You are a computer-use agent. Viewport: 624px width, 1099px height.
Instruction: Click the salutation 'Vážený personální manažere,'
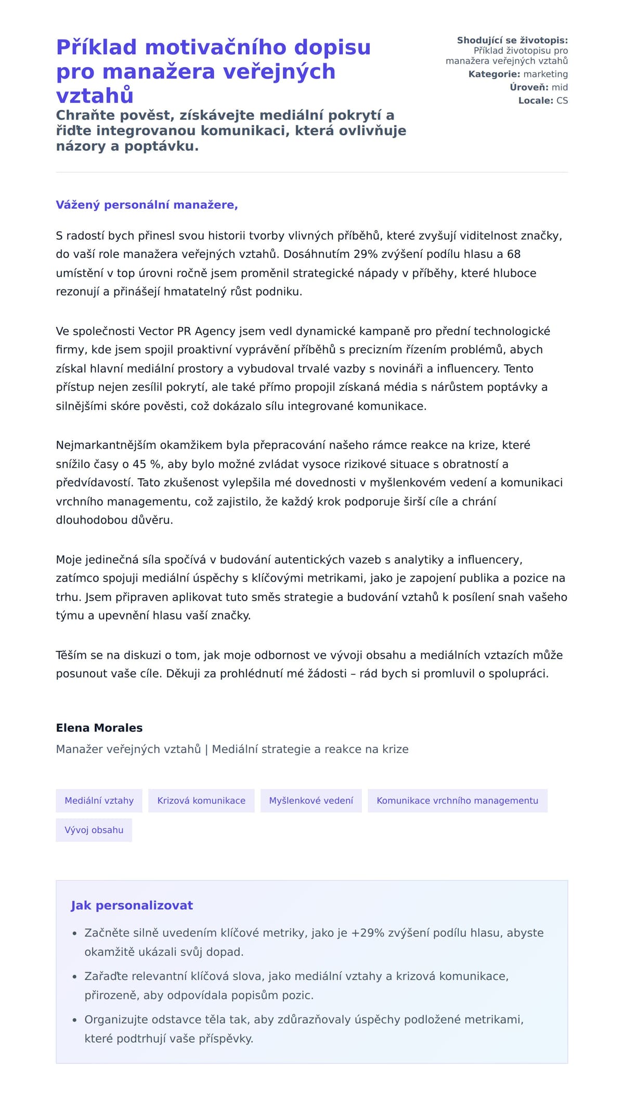pos(147,205)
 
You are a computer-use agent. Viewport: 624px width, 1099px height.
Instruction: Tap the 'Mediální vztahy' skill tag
pos(99,800)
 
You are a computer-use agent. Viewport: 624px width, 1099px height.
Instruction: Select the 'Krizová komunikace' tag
pos(201,800)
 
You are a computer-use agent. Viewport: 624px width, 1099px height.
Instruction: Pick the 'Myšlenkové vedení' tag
pos(311,800)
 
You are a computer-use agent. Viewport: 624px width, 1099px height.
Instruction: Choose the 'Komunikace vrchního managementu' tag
pos(457,800)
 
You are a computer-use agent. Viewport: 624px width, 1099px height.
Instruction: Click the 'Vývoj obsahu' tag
pos(94,830)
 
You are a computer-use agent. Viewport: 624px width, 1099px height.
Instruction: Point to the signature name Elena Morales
pos(99,728)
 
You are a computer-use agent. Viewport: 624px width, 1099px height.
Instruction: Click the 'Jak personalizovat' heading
pos(132,905)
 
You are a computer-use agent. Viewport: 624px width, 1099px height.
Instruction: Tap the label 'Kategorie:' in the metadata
pos(494,74)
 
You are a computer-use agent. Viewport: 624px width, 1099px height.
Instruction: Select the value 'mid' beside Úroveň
pos(560,87)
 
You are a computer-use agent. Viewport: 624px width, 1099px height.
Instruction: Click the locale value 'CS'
pos(562,100)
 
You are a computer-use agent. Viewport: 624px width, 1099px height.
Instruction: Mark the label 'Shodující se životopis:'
pos(512,41)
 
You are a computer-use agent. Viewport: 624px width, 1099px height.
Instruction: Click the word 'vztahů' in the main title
pos(95,96)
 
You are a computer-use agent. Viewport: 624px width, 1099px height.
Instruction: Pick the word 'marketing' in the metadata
pos(545,74)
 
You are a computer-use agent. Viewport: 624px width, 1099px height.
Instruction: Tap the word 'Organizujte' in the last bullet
pos(115,1019)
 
